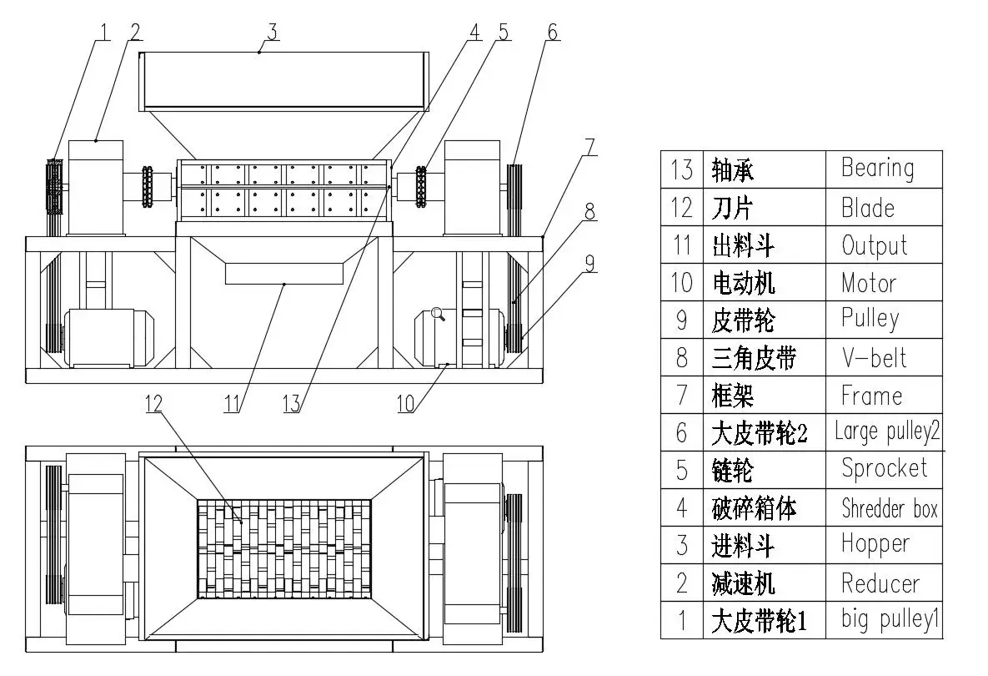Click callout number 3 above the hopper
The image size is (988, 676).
(271, 32)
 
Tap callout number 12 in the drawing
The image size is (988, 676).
(153, 403)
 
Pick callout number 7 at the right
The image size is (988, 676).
(589, 144)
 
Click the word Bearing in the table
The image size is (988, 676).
(877, 169)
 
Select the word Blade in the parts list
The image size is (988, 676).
(867, 207)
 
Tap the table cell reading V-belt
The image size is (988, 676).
(873, 358)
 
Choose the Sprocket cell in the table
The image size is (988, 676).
(884, 469)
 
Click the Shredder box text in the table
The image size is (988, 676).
(890, 508)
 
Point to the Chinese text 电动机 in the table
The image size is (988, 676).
(743, 283)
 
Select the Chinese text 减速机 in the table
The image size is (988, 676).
(745, 583)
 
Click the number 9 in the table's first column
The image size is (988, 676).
(681, 320)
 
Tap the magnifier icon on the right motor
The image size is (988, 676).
(438, 315)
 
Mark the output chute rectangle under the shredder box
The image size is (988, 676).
(283, 273)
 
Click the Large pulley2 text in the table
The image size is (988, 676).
(887, 432)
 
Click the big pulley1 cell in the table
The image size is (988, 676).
(890, 620)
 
